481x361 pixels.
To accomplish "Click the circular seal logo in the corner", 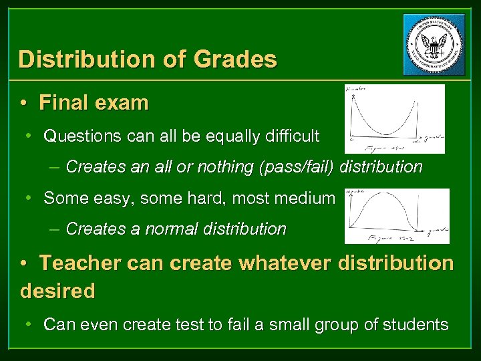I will point(434,45).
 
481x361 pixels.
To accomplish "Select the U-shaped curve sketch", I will point(393,118).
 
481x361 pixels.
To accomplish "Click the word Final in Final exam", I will point(64,103).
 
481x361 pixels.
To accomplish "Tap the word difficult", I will point(291,136).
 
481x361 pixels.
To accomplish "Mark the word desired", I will point(58,291).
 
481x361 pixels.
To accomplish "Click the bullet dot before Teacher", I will point(24,263).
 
